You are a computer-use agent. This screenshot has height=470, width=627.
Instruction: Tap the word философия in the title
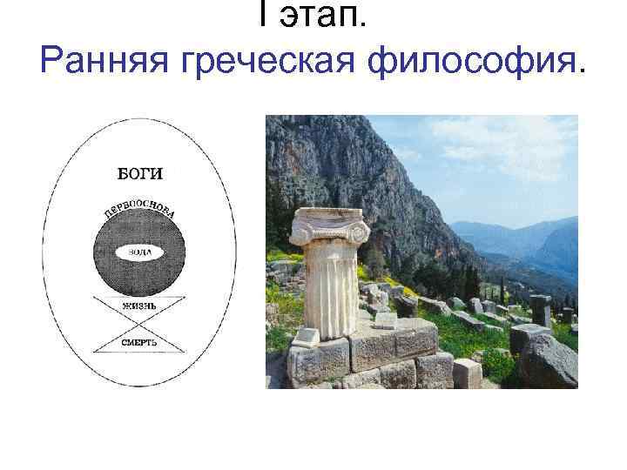click(462, 62)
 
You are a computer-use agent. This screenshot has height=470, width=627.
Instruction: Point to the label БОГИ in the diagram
click(140, 173)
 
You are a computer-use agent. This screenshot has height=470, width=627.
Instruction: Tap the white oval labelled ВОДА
click(140, 252)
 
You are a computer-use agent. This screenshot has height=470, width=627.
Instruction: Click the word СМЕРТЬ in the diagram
click(140, 342)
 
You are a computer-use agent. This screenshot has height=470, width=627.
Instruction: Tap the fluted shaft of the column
click(329, 287)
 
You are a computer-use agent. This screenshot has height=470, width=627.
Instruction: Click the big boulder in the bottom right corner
click(549, 361)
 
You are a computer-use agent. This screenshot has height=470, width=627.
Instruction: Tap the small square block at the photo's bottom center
click(468, 373)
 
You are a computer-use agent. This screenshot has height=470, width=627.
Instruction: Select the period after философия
click(580, 71)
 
